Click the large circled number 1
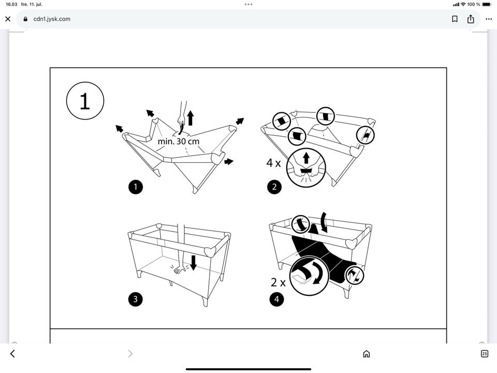click(x=85, y=101)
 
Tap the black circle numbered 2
click(x=274, y=187)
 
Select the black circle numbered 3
click(x=135, y=299)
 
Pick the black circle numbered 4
click(x=276, y=299)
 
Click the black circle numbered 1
click(x=136, y=187)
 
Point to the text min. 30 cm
click(x=179, y=141)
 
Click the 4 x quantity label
click(x=273, y=163)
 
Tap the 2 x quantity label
click(x=278, y=282)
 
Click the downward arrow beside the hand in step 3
click(x=193, y=263)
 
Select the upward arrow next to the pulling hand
click(x=190, y=118)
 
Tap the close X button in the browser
click(x=8, y=19)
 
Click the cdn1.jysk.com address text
click(x=52, y=19)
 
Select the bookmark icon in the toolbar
click(x=455, y=19)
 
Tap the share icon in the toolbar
click(x=471, y=19)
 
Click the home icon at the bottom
click(x=367, y=354)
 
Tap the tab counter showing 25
click(x=485, y=354)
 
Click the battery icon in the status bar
click(x=487, y=5)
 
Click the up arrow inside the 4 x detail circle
click(x=306, y=157)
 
